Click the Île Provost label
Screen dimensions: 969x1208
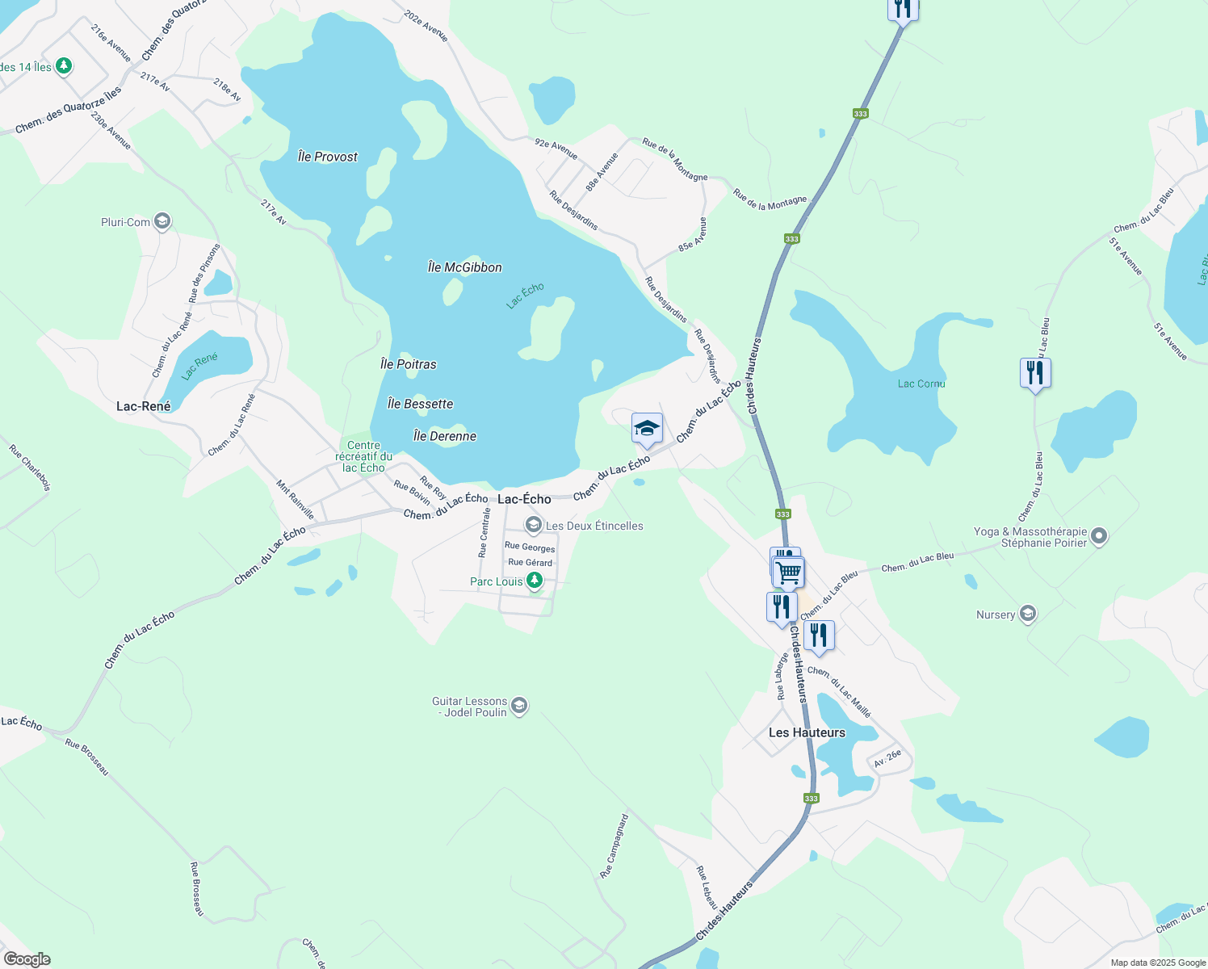(x=327, y=157)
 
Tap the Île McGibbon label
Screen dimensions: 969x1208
(x=464, y=267)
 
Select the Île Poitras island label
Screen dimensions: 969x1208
(x=408, y=364)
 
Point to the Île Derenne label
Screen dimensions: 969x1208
(x=444, y=436)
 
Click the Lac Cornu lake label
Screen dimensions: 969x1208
(x=921, y=384)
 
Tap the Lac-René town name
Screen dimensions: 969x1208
(x=143, y=406)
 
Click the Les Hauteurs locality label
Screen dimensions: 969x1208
(x=807, y=732)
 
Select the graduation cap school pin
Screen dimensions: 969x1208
(x=647, y=428)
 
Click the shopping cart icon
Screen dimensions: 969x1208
(x=789, y=572)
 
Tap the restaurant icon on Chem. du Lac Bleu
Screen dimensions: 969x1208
(x=1035, y=372)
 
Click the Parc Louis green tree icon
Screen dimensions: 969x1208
(x=534, y=581)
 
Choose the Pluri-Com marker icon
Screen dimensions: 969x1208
(x=162, y=221)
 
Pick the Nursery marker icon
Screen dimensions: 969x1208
(x=1027, y=615)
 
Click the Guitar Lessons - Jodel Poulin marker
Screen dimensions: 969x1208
(x=519, y=707)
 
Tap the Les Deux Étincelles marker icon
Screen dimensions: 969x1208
(x=533, y=526)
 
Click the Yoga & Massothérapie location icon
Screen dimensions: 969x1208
(x=1099, y=535)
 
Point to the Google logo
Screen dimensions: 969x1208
(x=27, y=959)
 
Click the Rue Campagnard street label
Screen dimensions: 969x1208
(x=614, y=846)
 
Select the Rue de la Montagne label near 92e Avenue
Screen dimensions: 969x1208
(x=675, y=160)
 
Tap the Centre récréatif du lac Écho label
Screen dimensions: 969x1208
(x=363, y=456)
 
